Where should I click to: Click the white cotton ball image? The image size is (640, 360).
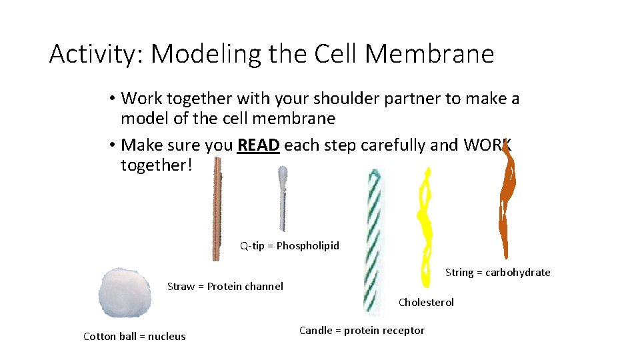125,293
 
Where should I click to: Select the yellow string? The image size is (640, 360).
423,227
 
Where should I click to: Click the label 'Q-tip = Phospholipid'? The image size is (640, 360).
289,245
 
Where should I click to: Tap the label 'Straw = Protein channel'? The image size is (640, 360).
225,287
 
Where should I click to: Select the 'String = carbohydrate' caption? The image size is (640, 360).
497,272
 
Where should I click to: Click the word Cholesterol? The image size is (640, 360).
426,302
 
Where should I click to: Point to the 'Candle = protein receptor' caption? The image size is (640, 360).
361,331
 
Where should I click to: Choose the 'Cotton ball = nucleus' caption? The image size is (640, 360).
134,336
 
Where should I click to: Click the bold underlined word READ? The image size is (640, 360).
258,145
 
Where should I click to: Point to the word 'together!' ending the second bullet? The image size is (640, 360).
156,165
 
